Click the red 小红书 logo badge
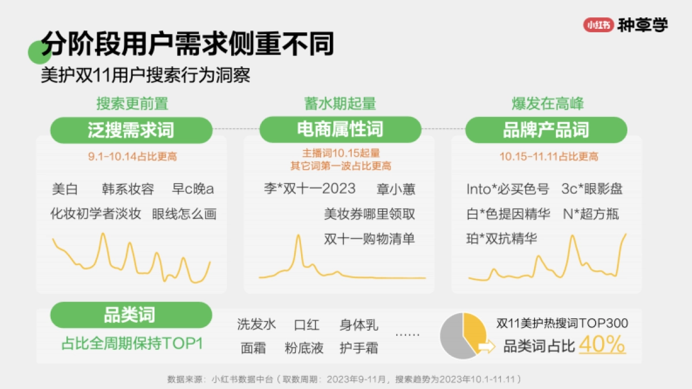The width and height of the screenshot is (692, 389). (598, 25)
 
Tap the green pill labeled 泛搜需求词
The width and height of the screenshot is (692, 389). (131, 130)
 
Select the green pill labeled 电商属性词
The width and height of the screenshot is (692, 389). (340, 130)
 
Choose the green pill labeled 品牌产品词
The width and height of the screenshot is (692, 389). (546, 130)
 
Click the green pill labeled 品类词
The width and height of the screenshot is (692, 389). (129, 315)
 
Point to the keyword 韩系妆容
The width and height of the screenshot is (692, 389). (128, 189)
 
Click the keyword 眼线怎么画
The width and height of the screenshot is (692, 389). (184, 214)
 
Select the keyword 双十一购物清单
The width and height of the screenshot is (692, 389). (369, 239)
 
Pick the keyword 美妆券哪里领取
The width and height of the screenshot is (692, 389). (369, 214)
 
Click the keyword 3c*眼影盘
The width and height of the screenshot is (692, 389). (592, 189)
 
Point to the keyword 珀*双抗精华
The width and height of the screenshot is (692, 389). (501, 239)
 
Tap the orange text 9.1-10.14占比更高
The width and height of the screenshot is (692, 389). (132, 156)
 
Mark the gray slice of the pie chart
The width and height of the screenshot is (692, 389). (453, 340)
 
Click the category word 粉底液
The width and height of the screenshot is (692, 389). (304, 348)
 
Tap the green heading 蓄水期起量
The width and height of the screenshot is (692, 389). (340, 104)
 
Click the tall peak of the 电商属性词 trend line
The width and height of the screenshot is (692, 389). (298, 236)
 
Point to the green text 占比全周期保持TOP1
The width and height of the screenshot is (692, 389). (132, 343)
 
